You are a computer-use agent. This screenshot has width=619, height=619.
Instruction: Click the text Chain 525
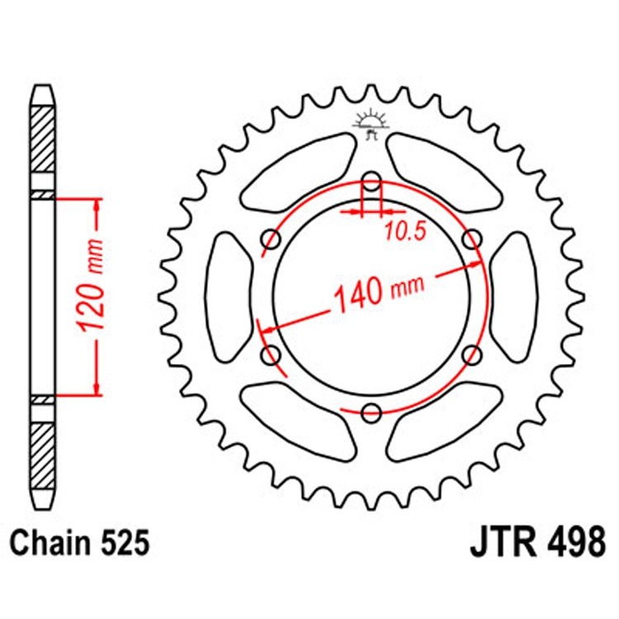coord(80,544)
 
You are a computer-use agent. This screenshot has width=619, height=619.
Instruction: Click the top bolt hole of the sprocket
coord(372,182)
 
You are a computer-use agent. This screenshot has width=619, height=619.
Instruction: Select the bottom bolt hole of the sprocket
coord(372,412)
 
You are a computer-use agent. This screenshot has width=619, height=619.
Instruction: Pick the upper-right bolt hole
coord(472,239)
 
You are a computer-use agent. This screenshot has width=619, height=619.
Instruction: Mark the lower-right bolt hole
coord(472,355)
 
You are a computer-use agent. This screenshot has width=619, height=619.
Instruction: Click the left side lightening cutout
coord(228,296)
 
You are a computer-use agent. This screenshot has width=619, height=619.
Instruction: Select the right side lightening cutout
coord(516,296)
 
